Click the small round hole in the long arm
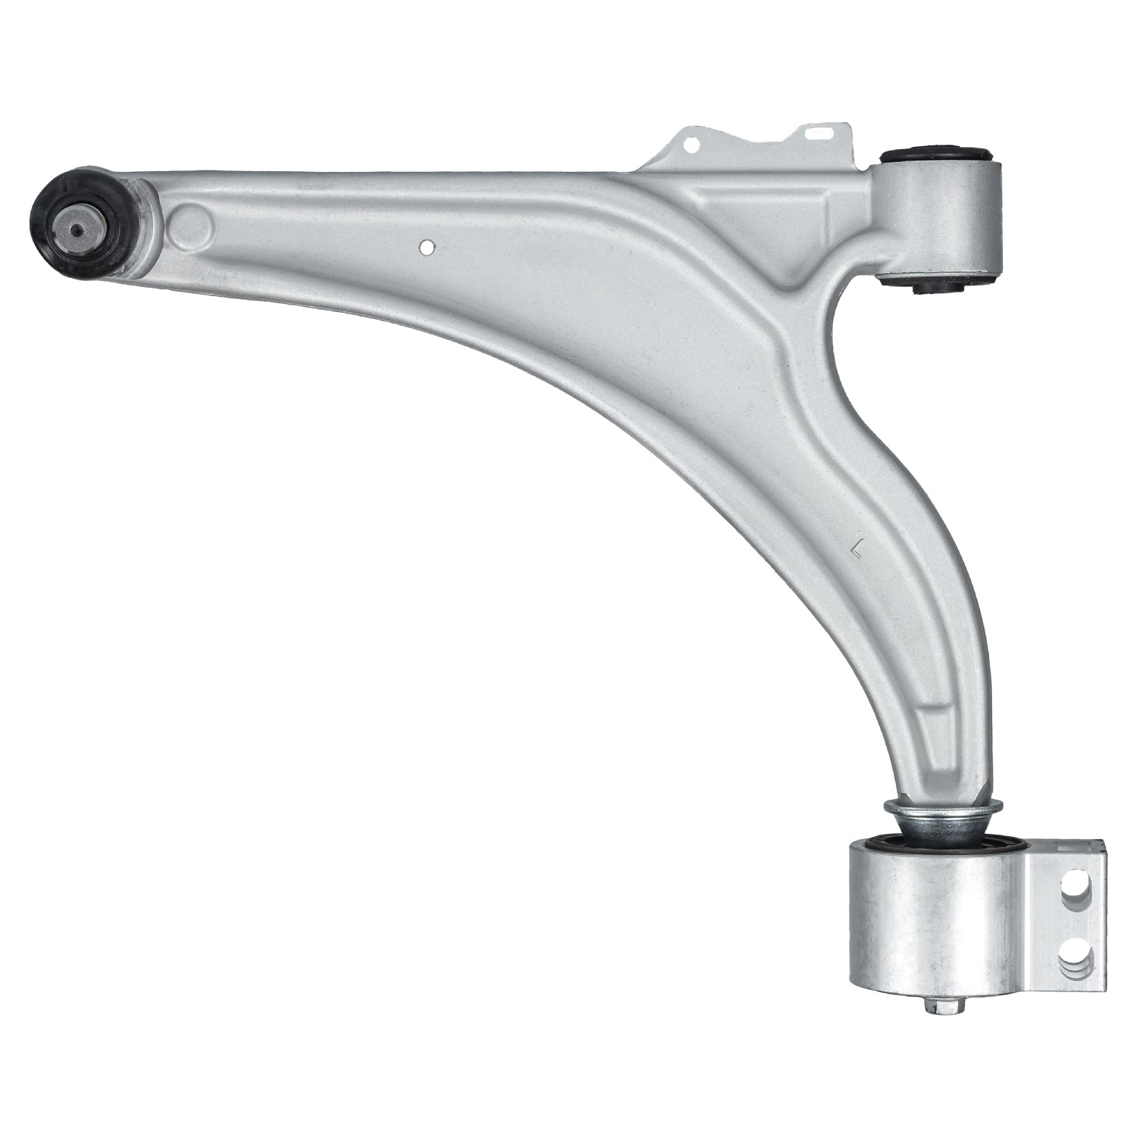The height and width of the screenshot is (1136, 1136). [427, 247]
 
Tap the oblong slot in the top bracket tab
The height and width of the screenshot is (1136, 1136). [819, 131]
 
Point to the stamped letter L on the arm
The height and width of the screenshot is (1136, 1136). [857, 546]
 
